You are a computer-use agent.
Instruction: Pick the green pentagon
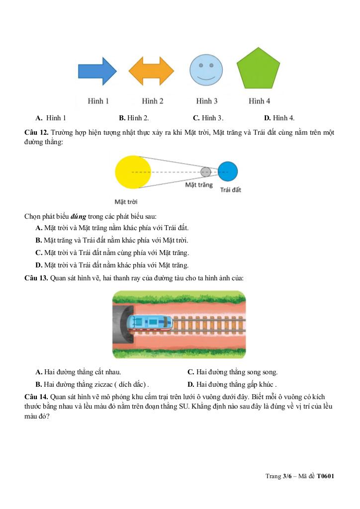[258, 70]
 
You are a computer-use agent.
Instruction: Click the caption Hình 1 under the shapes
[98, 101]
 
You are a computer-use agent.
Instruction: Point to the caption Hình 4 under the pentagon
[259, 101]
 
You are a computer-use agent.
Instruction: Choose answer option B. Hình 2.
[134, 118]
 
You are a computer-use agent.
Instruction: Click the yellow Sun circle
[132, 172]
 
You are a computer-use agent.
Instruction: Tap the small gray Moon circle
[206, 172]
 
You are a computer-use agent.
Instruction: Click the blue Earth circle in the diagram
[228, 171]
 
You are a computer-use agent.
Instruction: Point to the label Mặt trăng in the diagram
[199, 185]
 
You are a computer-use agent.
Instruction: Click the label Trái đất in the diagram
[230, 190]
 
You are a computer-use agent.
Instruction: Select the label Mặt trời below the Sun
[126, 202]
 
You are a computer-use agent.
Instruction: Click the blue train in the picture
[150, 324]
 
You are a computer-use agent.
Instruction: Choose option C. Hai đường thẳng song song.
[232, 372]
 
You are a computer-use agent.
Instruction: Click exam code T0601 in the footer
[325, 476]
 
